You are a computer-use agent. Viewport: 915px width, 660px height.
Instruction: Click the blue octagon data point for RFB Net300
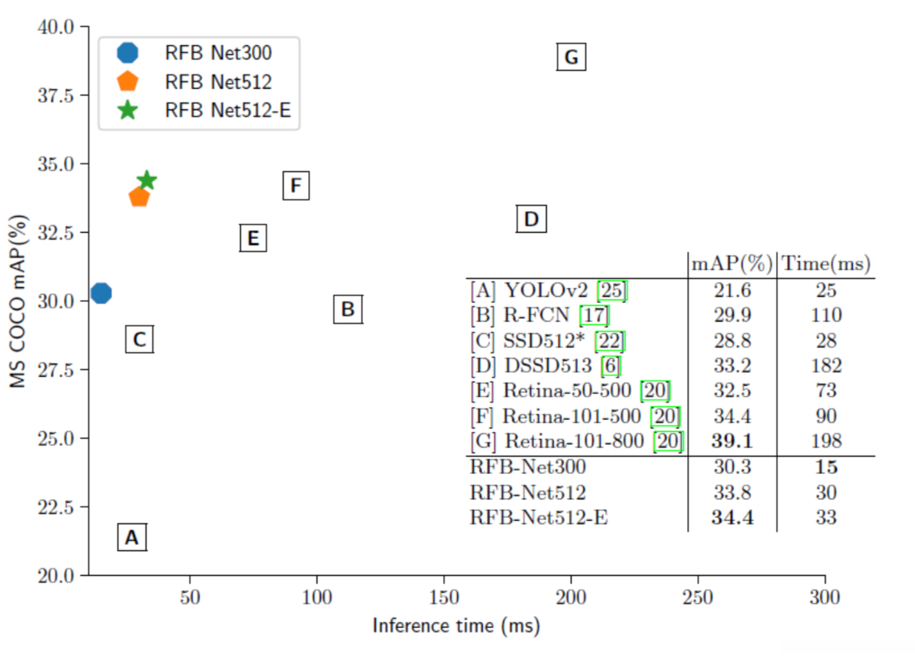click(101, 293)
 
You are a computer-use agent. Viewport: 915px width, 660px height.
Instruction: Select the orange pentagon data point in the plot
click(139, 197)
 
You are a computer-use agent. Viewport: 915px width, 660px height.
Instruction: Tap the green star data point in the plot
click(147, 181)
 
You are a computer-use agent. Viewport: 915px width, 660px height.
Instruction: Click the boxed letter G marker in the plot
click(571, 57)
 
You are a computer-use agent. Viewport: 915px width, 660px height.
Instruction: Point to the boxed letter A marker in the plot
click(132, 537)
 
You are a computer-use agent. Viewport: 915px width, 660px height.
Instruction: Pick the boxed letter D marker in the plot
click(531, 219)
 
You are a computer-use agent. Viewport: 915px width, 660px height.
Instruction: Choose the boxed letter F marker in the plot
click(296, 185)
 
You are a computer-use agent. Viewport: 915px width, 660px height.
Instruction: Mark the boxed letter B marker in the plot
click(348, 309)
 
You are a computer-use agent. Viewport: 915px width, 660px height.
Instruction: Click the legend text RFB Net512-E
click(227, 110)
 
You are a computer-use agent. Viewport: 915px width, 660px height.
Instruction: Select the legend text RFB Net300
click(218, 53)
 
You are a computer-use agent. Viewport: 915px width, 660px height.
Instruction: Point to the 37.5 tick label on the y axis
click(56, 96)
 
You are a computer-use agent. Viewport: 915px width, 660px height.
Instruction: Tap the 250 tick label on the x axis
click(698, 597)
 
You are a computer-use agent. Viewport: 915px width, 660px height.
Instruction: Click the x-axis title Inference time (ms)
click(456, 626)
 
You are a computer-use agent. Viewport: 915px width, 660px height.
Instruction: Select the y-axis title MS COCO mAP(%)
click(18, 301)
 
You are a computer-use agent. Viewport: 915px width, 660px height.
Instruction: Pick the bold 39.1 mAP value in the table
click(732, 441)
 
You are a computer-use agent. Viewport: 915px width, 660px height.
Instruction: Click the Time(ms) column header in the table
click(826, 264)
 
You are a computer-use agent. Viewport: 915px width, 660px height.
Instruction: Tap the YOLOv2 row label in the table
click(546, 290)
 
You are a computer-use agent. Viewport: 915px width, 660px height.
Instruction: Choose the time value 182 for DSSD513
click(826, 365)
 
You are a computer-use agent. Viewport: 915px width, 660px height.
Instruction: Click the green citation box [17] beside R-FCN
click(594, 316)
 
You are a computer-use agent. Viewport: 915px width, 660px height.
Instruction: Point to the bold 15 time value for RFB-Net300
click(826, 467)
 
